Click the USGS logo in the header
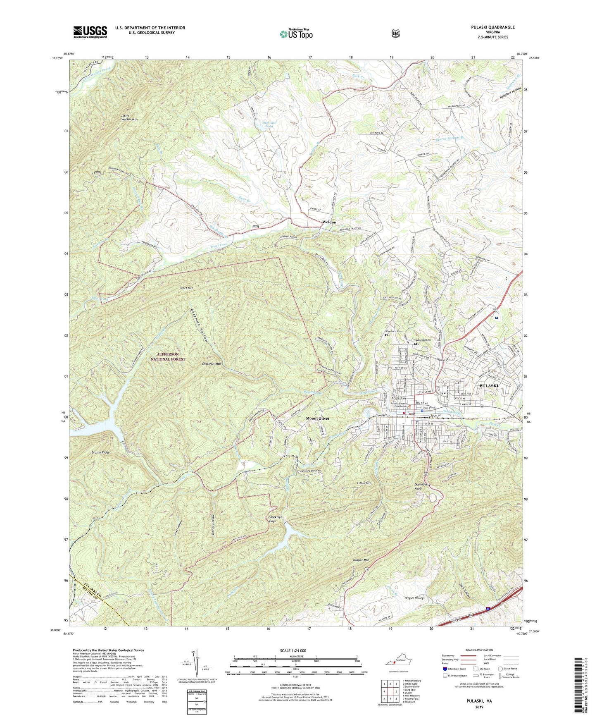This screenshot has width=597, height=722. tap(90, 31)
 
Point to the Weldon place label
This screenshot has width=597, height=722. tap(329, 222)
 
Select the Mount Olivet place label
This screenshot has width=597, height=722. tap(317, 418)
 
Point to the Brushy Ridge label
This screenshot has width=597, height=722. tap(101, 453)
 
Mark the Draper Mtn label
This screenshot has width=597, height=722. tap(361, 560)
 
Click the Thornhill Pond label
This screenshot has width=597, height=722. tap(269, 124)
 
